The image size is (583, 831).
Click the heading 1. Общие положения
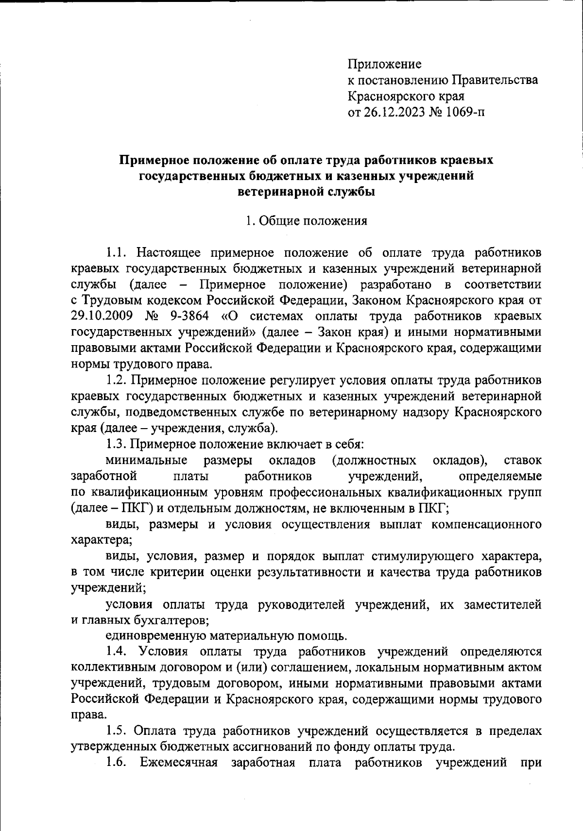(306, 221)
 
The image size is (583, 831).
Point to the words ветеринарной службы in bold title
(306, 192)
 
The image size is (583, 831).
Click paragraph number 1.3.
(117, 444)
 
